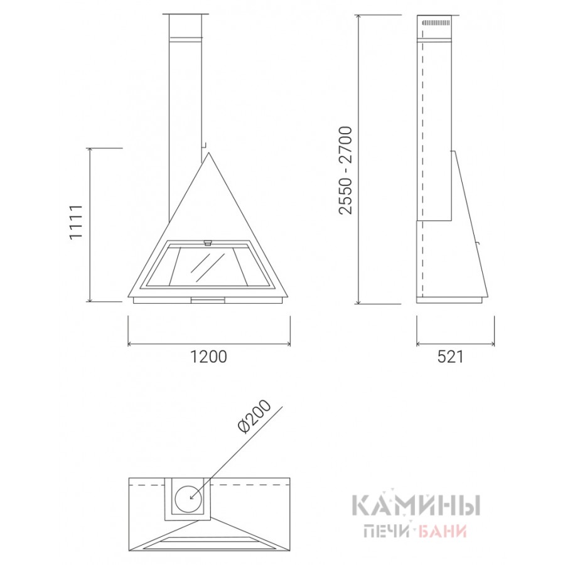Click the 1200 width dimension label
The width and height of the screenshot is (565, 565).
208,357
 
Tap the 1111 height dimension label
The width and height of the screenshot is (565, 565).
77,222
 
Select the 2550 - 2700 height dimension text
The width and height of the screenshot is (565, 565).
345,170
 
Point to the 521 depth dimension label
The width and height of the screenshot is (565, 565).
450,357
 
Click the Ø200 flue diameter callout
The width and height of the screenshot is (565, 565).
255,417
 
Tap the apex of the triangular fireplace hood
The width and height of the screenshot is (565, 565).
208,153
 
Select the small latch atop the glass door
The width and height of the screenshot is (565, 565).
208,243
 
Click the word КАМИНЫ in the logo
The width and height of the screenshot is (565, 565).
415,506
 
